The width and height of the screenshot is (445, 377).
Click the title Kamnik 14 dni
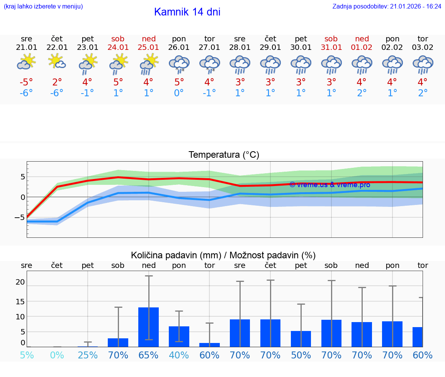click(187, 12)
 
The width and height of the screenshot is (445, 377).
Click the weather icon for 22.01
click(57, 62)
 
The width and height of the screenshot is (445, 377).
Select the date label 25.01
click(149, 48)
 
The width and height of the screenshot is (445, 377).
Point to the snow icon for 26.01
click(179, 64)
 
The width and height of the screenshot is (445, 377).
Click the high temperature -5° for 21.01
click(26, 82)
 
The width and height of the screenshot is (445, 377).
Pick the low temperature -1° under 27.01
click(209, 93)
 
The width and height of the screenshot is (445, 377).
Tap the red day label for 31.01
click(331, 39)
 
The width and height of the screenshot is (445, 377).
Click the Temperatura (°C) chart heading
click(224, 155)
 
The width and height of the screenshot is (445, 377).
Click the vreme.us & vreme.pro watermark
click(330, 185)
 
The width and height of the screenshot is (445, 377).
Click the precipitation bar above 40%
click(179, 336)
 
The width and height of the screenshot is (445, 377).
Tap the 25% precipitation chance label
click(88, 355)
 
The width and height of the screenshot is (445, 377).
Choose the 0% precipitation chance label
click(57, 355)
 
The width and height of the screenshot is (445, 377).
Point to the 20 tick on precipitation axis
click(20, 282)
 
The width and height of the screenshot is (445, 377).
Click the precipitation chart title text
click(223, 255)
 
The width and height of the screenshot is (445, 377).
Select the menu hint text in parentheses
click(43, 7)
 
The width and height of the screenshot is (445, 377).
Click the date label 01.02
click(362, 48)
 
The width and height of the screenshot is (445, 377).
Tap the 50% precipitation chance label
click(301, 355)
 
